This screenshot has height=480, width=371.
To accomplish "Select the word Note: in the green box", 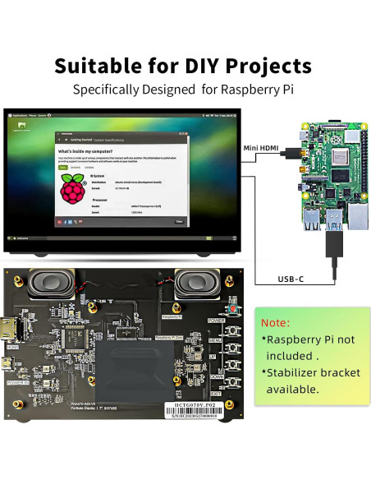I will [275, 322].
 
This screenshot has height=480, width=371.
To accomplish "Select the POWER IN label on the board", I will [17, 382].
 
